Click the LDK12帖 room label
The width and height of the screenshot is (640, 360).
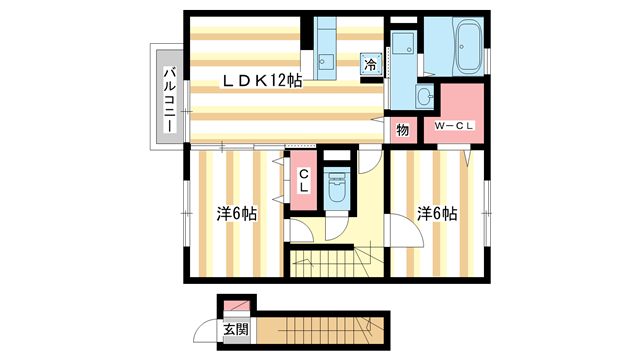261,81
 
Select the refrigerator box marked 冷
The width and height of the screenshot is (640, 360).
370,63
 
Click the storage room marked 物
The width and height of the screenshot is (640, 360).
403,129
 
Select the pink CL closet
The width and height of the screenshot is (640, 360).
303,182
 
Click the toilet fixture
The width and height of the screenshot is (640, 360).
336,189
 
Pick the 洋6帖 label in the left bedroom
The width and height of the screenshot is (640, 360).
237,213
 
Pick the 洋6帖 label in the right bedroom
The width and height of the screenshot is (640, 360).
437,213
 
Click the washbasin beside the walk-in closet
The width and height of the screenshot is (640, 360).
423,97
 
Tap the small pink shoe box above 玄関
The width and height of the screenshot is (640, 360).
233,305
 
